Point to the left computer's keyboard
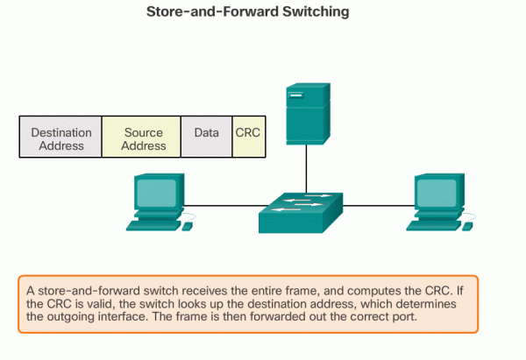point(152,224)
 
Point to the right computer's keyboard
point(430,224)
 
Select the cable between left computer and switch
point(224,207)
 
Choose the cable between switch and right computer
point(377,207)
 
